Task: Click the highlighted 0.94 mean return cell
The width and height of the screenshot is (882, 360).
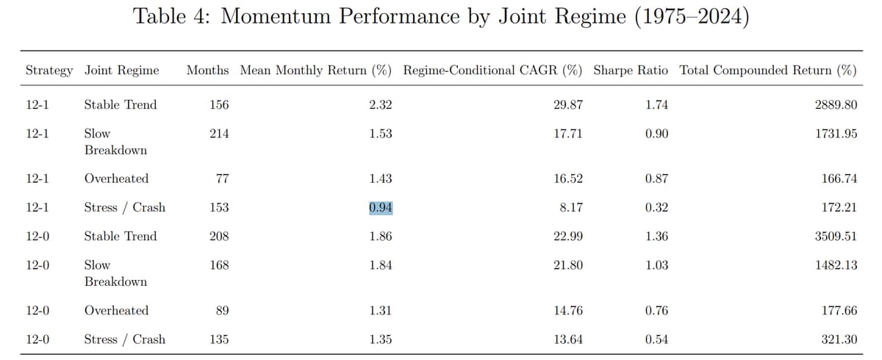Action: (x=381, y=207)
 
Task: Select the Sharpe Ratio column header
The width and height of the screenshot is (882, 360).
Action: (x=631, y=71)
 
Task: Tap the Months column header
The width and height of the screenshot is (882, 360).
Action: (x=208, y=71)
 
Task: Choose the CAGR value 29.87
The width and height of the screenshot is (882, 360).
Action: (x=567, y=104)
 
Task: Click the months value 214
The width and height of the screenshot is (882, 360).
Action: (x=218, y=133)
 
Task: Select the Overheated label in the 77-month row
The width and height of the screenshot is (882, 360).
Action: (x=116, y=179)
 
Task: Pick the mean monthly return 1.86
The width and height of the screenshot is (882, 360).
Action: (x=381, y=236)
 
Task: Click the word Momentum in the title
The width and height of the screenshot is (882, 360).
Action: (x=283, y=17)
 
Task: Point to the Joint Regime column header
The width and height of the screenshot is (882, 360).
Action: (x=121, y=71)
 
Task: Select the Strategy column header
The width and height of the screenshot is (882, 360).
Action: (x=49, y=71)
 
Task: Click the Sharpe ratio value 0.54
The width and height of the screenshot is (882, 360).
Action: (x=656, y=339)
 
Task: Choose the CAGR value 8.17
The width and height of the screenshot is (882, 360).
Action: (x=571, y=207)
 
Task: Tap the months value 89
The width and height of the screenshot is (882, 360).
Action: (x=222, y=310)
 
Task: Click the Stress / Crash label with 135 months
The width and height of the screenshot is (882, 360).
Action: (x=125, y=339)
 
